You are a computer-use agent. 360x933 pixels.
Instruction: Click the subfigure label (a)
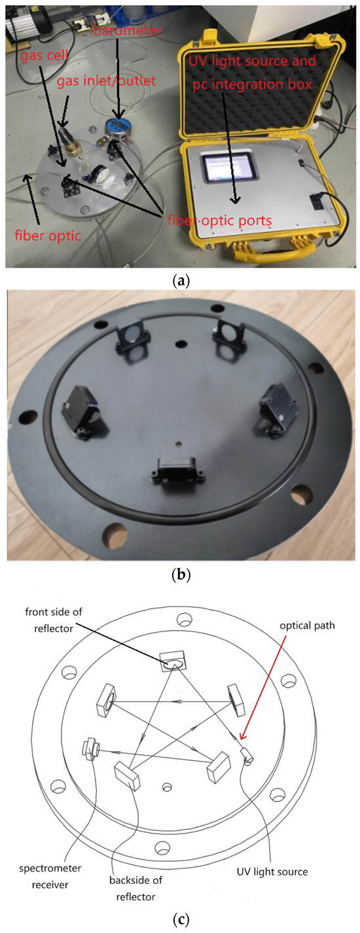pos(179,281)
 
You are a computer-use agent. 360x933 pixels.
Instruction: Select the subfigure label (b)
pos(179,576)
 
